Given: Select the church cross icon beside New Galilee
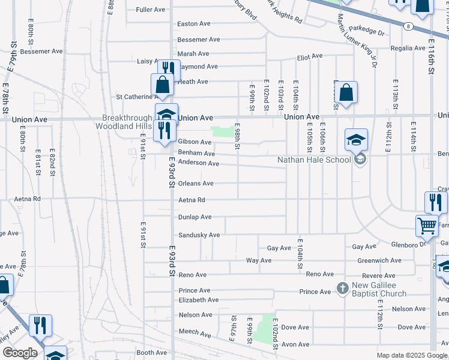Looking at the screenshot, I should (x=343, y=289).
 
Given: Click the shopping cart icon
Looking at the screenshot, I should (x=427, y=226).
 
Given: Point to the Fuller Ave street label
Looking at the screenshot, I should (x=151, y=10).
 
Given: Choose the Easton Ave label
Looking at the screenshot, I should (x=194, y=24).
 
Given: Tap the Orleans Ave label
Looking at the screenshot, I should (x=196, y=184).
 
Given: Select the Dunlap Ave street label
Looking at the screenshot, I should (x=195, y=217).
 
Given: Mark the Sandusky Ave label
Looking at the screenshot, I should (x=199, y=235).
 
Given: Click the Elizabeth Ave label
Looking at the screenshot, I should (x=199, y=300).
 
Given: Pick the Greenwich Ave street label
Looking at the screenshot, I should (x=379, y=261).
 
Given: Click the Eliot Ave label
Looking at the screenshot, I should (x=310, y=57).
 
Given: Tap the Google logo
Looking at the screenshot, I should (x=20, y=353).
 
